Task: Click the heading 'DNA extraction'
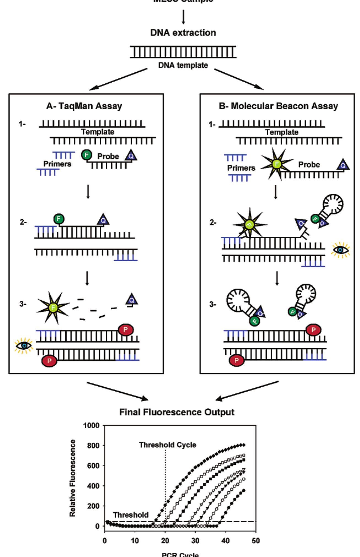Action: [x=183, y=32]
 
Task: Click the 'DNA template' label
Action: [x=183, y=66]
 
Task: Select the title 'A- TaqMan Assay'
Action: [x=84, y=106]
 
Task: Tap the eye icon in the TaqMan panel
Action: [x=24, y=345]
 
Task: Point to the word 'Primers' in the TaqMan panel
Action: [x=57, y=164]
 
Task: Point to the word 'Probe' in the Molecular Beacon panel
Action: [x=309, y=165]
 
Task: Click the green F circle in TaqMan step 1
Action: [x=86, y=155]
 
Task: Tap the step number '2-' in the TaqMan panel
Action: [x=23, y=222]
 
